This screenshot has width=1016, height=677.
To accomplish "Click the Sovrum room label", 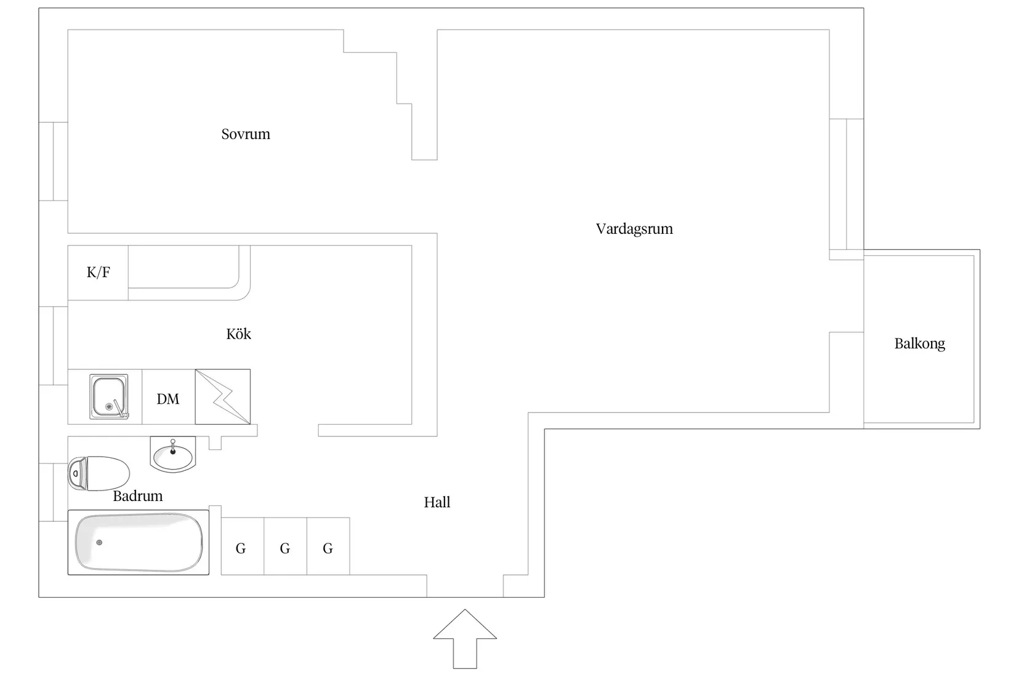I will [246, 134].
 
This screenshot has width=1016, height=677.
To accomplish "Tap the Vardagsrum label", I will [634, 229].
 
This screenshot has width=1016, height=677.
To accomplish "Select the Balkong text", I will [919, 343].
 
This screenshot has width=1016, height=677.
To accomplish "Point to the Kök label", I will [239, 334].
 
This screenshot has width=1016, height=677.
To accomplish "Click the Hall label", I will [437, 503].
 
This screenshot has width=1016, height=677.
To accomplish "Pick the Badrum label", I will [138, 496].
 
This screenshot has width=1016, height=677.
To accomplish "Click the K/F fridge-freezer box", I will [98, 273].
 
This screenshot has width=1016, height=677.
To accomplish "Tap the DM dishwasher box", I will [168, 399].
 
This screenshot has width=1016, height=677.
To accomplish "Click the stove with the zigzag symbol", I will [223, 397].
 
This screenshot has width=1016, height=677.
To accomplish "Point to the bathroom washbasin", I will [172, 455].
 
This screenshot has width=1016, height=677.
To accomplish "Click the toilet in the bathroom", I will [99, 473].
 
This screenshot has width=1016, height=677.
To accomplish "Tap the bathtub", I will [139, 542].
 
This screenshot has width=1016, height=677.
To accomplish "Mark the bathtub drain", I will [99, 542].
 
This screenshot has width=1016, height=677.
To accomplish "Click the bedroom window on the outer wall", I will [54, 161].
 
